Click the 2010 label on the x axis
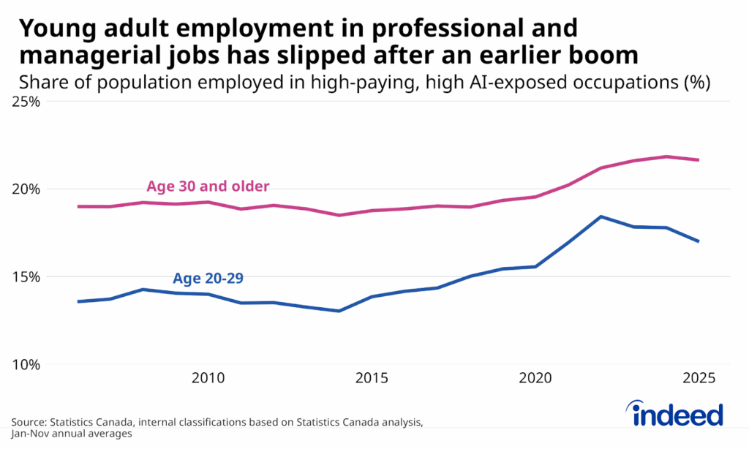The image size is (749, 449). click(x=208, y=379)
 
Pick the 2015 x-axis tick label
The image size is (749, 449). click(x=372, y=379)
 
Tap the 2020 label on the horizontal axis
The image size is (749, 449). click(x=535, y=379)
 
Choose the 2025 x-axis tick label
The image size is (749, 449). click(x=699, y=379)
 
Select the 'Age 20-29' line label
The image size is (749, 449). click(x=208, y=278)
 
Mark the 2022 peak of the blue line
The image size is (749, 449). click(x=601, y=216)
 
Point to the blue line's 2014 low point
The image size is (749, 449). click(x=339, y=311)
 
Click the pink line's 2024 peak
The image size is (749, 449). click(x=666, y=156)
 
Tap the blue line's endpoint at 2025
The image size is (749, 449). click(x=699, y=241)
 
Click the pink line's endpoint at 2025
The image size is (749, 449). click(x=699, y=160)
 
